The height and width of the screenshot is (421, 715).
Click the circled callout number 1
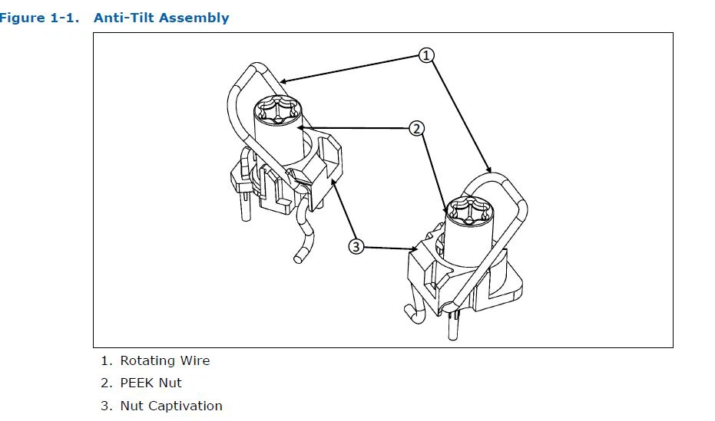tap(427, 54)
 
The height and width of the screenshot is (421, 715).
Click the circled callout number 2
tap(417, 128)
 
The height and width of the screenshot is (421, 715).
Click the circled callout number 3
tap(356, 246)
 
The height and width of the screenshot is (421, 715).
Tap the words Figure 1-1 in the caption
tap(38, 18)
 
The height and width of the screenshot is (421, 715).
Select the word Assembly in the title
tap(193, 18)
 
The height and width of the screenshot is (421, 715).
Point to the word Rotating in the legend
tap(147, 360)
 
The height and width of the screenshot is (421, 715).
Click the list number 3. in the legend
tap(106, 406)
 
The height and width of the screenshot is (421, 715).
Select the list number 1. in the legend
tap(106, 360)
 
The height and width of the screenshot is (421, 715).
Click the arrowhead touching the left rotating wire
tap(284, 80)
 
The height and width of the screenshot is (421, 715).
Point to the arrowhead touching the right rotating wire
tap(487, 168)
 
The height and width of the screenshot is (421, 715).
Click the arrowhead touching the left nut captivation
tap(333, 183)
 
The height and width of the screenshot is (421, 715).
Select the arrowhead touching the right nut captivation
tap(415, 248)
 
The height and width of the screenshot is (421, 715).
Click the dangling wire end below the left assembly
tap(299, 255)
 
